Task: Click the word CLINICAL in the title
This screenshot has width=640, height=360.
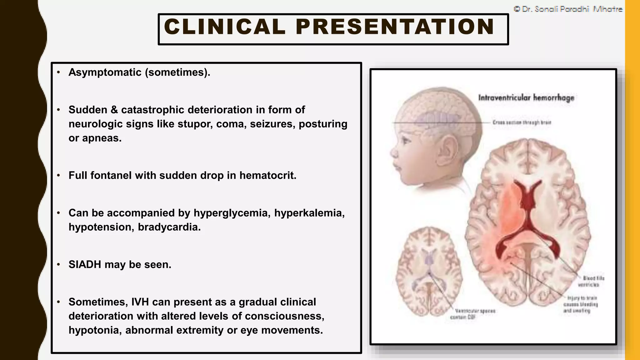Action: click(x=224, y=27)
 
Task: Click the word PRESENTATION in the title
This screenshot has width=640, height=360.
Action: click(x=395, y=27)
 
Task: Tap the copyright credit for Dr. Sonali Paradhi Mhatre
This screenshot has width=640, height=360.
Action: click(x=568, y=9)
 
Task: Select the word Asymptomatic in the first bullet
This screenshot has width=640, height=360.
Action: click(x=105, y=72)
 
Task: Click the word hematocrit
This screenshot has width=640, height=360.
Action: click(x=268, y=175)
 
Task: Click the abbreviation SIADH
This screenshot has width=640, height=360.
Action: click(x=85, y=264)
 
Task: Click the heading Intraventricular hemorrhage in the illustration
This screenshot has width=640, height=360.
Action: click(x=526, y=98)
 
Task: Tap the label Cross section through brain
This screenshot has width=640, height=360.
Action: click(x=522, y=122)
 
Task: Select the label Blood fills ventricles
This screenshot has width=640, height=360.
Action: click(x=591, y=281)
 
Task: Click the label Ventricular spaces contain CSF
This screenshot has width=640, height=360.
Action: click(x=472, y=314)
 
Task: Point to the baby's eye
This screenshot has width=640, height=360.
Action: click(x=407, y=140)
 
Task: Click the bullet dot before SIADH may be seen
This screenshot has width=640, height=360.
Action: click(x=58, y=265)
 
